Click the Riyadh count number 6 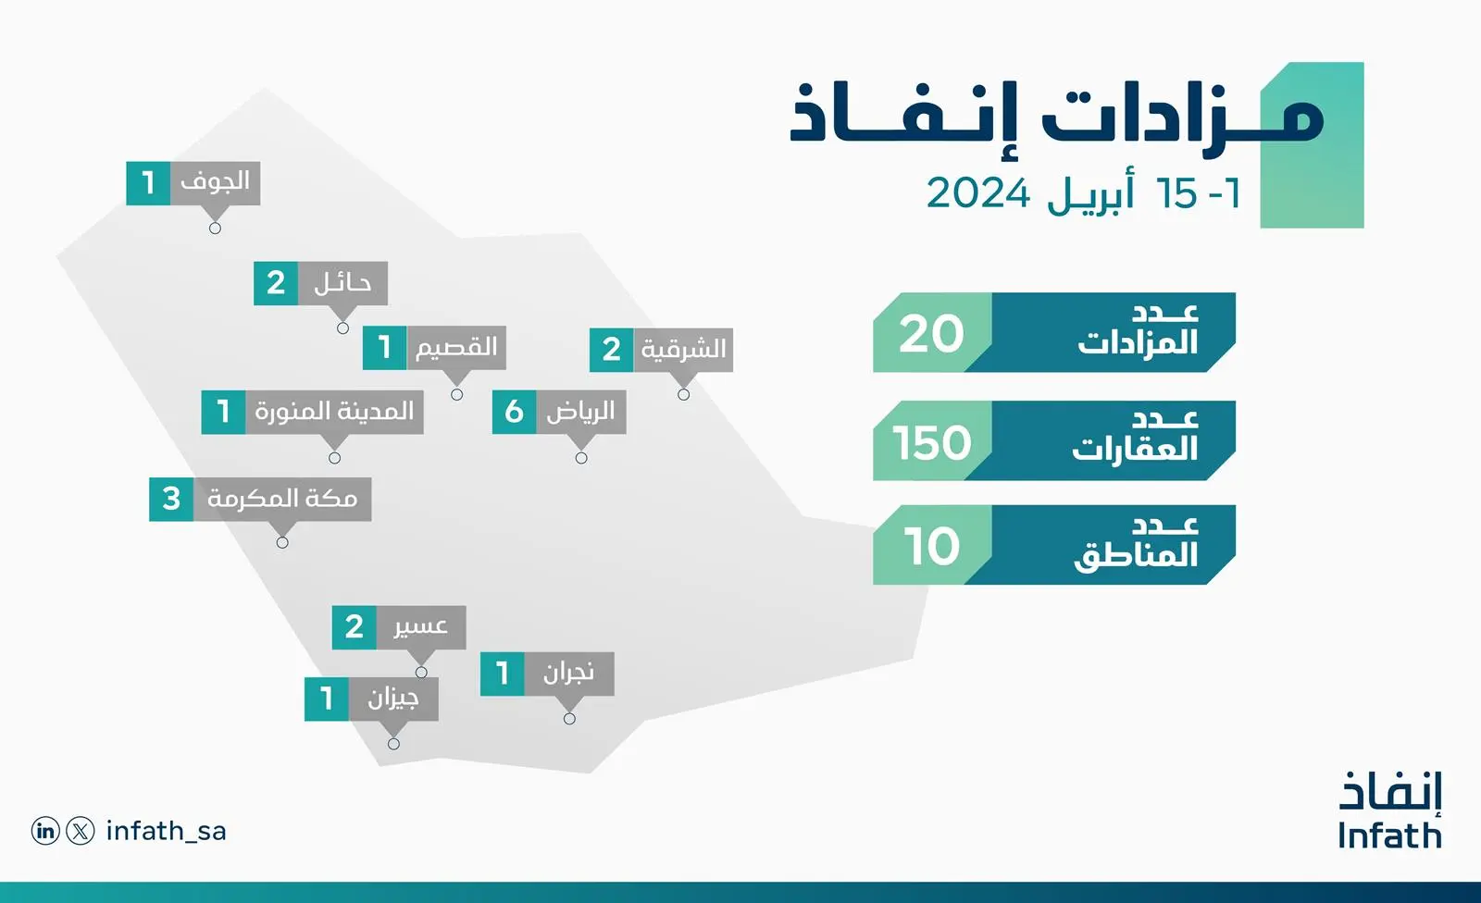pyautogui.click(x=514, y=412)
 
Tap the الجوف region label pyautogui.click(x=215, y=181)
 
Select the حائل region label pyautogui.click(x=342, y=283)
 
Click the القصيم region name pyautogui.click(x=455, y=347)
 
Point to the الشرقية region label pyautogui.click(x=684, y=349)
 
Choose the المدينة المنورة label pyautogui.click(x=334, y=411)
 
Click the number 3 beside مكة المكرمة pyautogui.click(x=171, y=499)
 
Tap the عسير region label pyautogui.click(x=421, y=626)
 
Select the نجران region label pyautogui.click(x=568, y=674)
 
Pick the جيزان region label pyautogui.click(x=393, y=699)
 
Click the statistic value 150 pyautogui.click(x=932, y=442)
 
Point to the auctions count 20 pyautogui.click(x=931, y=334)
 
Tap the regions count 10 pyautogui.click(x=931, y=546)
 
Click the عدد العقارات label pyautogui.click(x=1135, y=437)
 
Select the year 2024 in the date pyautogui.click(x=977, y=193)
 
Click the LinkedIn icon pyautogui.click(x=45, y=831)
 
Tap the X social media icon pyautogui.click(x=81, y=831)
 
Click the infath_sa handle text pyautogui.click(x=166, y=832)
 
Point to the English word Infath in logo pyautogui.click(x=1389, y=835)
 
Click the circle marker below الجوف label pyautogui.click(x=215, y=229)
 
